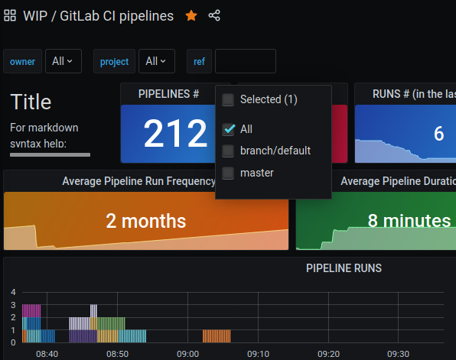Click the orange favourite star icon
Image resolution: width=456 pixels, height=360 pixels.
click(191, 15)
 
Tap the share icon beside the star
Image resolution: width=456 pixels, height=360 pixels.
click(214, 15)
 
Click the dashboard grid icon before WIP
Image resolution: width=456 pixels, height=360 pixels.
click(11, 15)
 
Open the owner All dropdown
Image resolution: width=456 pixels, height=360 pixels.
click(63, 61)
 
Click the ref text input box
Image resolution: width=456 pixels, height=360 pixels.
click(245, 61)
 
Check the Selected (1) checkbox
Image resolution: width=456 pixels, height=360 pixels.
click(228, 99)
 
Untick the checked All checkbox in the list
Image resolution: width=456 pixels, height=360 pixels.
click(228, 129)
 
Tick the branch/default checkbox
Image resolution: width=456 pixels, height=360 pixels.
click(228, 151)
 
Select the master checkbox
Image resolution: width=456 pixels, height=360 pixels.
click(228, 173)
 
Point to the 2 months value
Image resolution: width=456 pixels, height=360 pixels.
click(145, 221)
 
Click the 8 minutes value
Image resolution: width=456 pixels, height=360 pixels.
click(409, 221)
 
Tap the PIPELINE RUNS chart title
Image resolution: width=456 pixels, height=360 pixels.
click(344, 268)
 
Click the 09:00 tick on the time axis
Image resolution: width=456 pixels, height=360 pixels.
click(187, 354)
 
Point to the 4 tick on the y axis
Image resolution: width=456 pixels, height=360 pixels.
click(13, 292)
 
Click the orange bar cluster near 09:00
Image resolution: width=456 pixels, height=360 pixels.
click(217, 336)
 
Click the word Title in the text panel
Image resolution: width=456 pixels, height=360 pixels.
click(31, 102)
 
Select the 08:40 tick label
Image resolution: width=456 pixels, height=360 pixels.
click(47, 354)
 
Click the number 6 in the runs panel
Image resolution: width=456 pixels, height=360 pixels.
click(438, 134)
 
